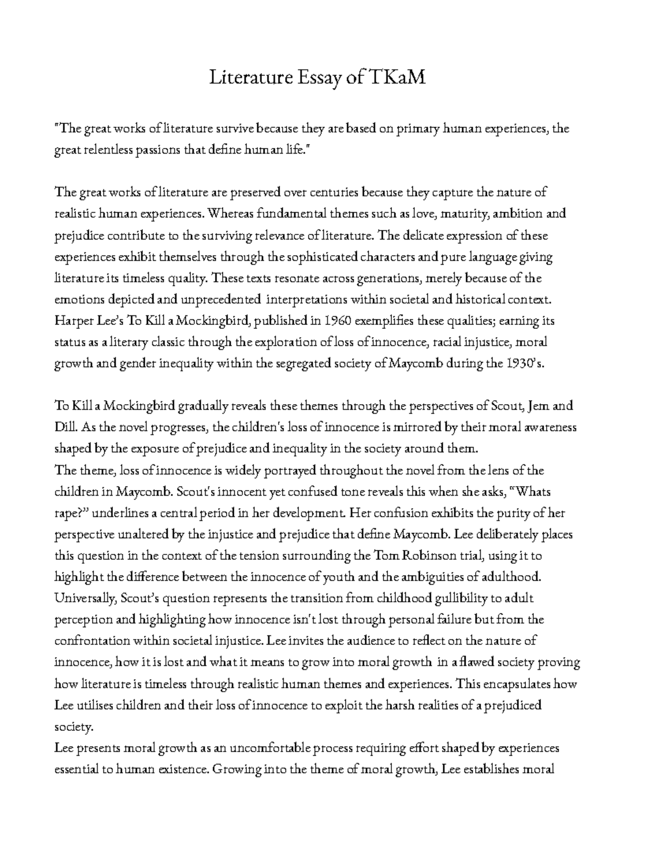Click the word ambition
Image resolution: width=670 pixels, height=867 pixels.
pyautogui.click(x=515, y=214)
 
